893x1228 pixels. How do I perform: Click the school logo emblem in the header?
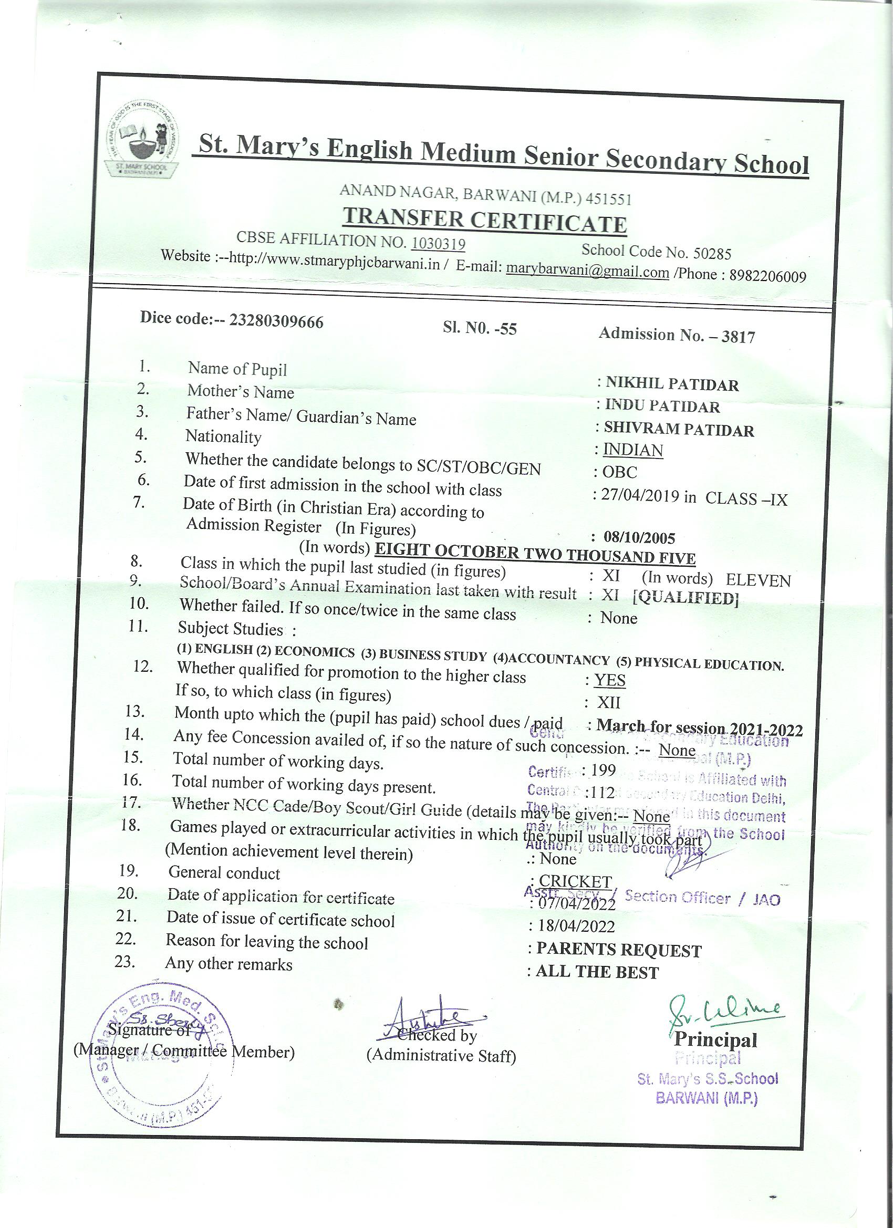[142, 139]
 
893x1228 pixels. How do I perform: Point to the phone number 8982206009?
[767, 276]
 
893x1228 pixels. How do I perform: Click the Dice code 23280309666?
[276, 321]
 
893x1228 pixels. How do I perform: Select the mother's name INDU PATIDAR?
[662, 406]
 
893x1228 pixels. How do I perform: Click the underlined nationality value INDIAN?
[632, 451]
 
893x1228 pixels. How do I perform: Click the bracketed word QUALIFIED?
[686, 598]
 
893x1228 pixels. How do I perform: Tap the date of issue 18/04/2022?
[575, 926]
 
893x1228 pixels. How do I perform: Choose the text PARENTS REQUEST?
[618, 950]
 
